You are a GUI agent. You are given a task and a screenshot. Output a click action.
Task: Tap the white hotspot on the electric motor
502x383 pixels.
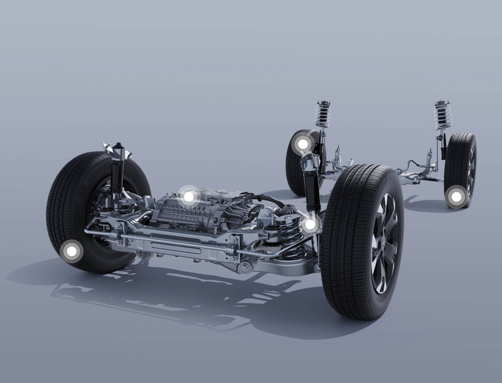click(188, 197)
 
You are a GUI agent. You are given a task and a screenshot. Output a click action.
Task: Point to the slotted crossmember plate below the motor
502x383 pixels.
click(176, 245)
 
